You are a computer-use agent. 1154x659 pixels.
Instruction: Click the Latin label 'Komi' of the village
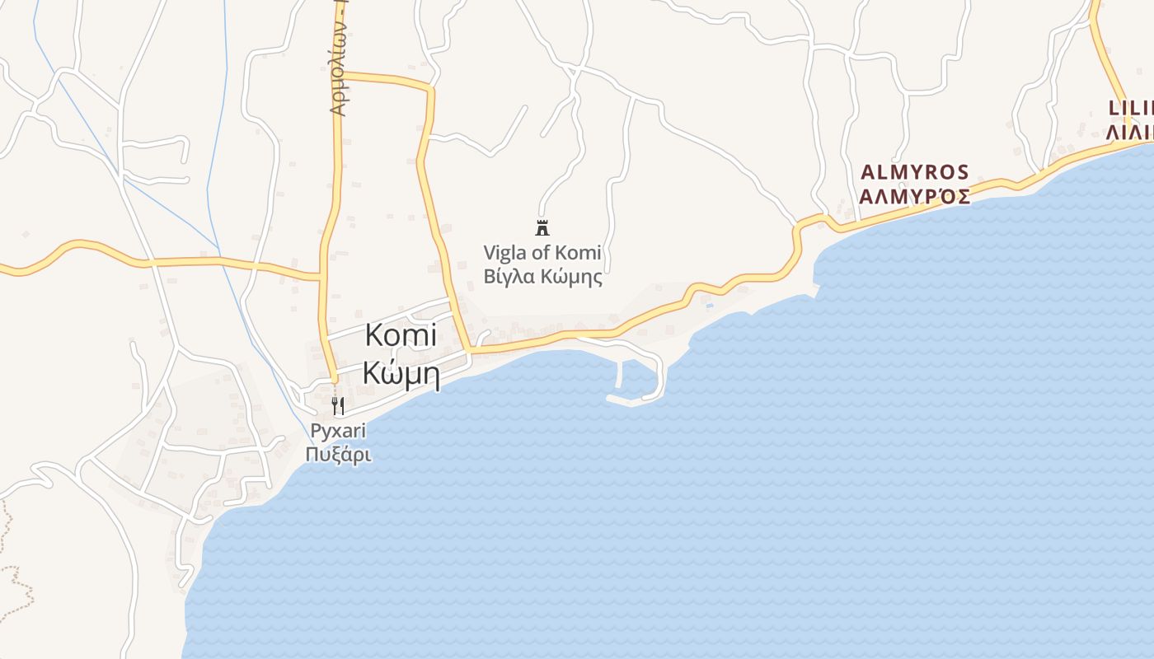(x=401, y=336)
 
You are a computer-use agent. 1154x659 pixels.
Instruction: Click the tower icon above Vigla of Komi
(x=542, y=228)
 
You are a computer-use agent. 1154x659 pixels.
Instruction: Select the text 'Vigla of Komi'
(x=542, y=253)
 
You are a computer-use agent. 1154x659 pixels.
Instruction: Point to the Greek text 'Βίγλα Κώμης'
(x=542, y=277)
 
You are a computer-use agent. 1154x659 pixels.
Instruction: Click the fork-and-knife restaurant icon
(x=337, y=405)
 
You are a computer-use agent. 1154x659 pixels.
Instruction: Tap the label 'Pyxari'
(x=338, y=431)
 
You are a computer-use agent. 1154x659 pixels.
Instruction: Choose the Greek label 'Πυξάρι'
(x=338, y=454)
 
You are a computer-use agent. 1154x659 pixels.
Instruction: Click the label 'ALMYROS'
(x=915, y=172)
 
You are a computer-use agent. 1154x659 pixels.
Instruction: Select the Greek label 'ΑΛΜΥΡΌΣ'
(x=915, y=197)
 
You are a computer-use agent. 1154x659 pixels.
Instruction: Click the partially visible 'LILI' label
(x=1131, y=108)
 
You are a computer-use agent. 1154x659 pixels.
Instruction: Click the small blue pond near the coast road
(x=710, y=306)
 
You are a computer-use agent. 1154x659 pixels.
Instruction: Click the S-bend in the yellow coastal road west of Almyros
(x=796, y=239)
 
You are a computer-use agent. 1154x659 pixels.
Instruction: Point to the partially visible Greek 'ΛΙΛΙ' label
(x=1131, y=133)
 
